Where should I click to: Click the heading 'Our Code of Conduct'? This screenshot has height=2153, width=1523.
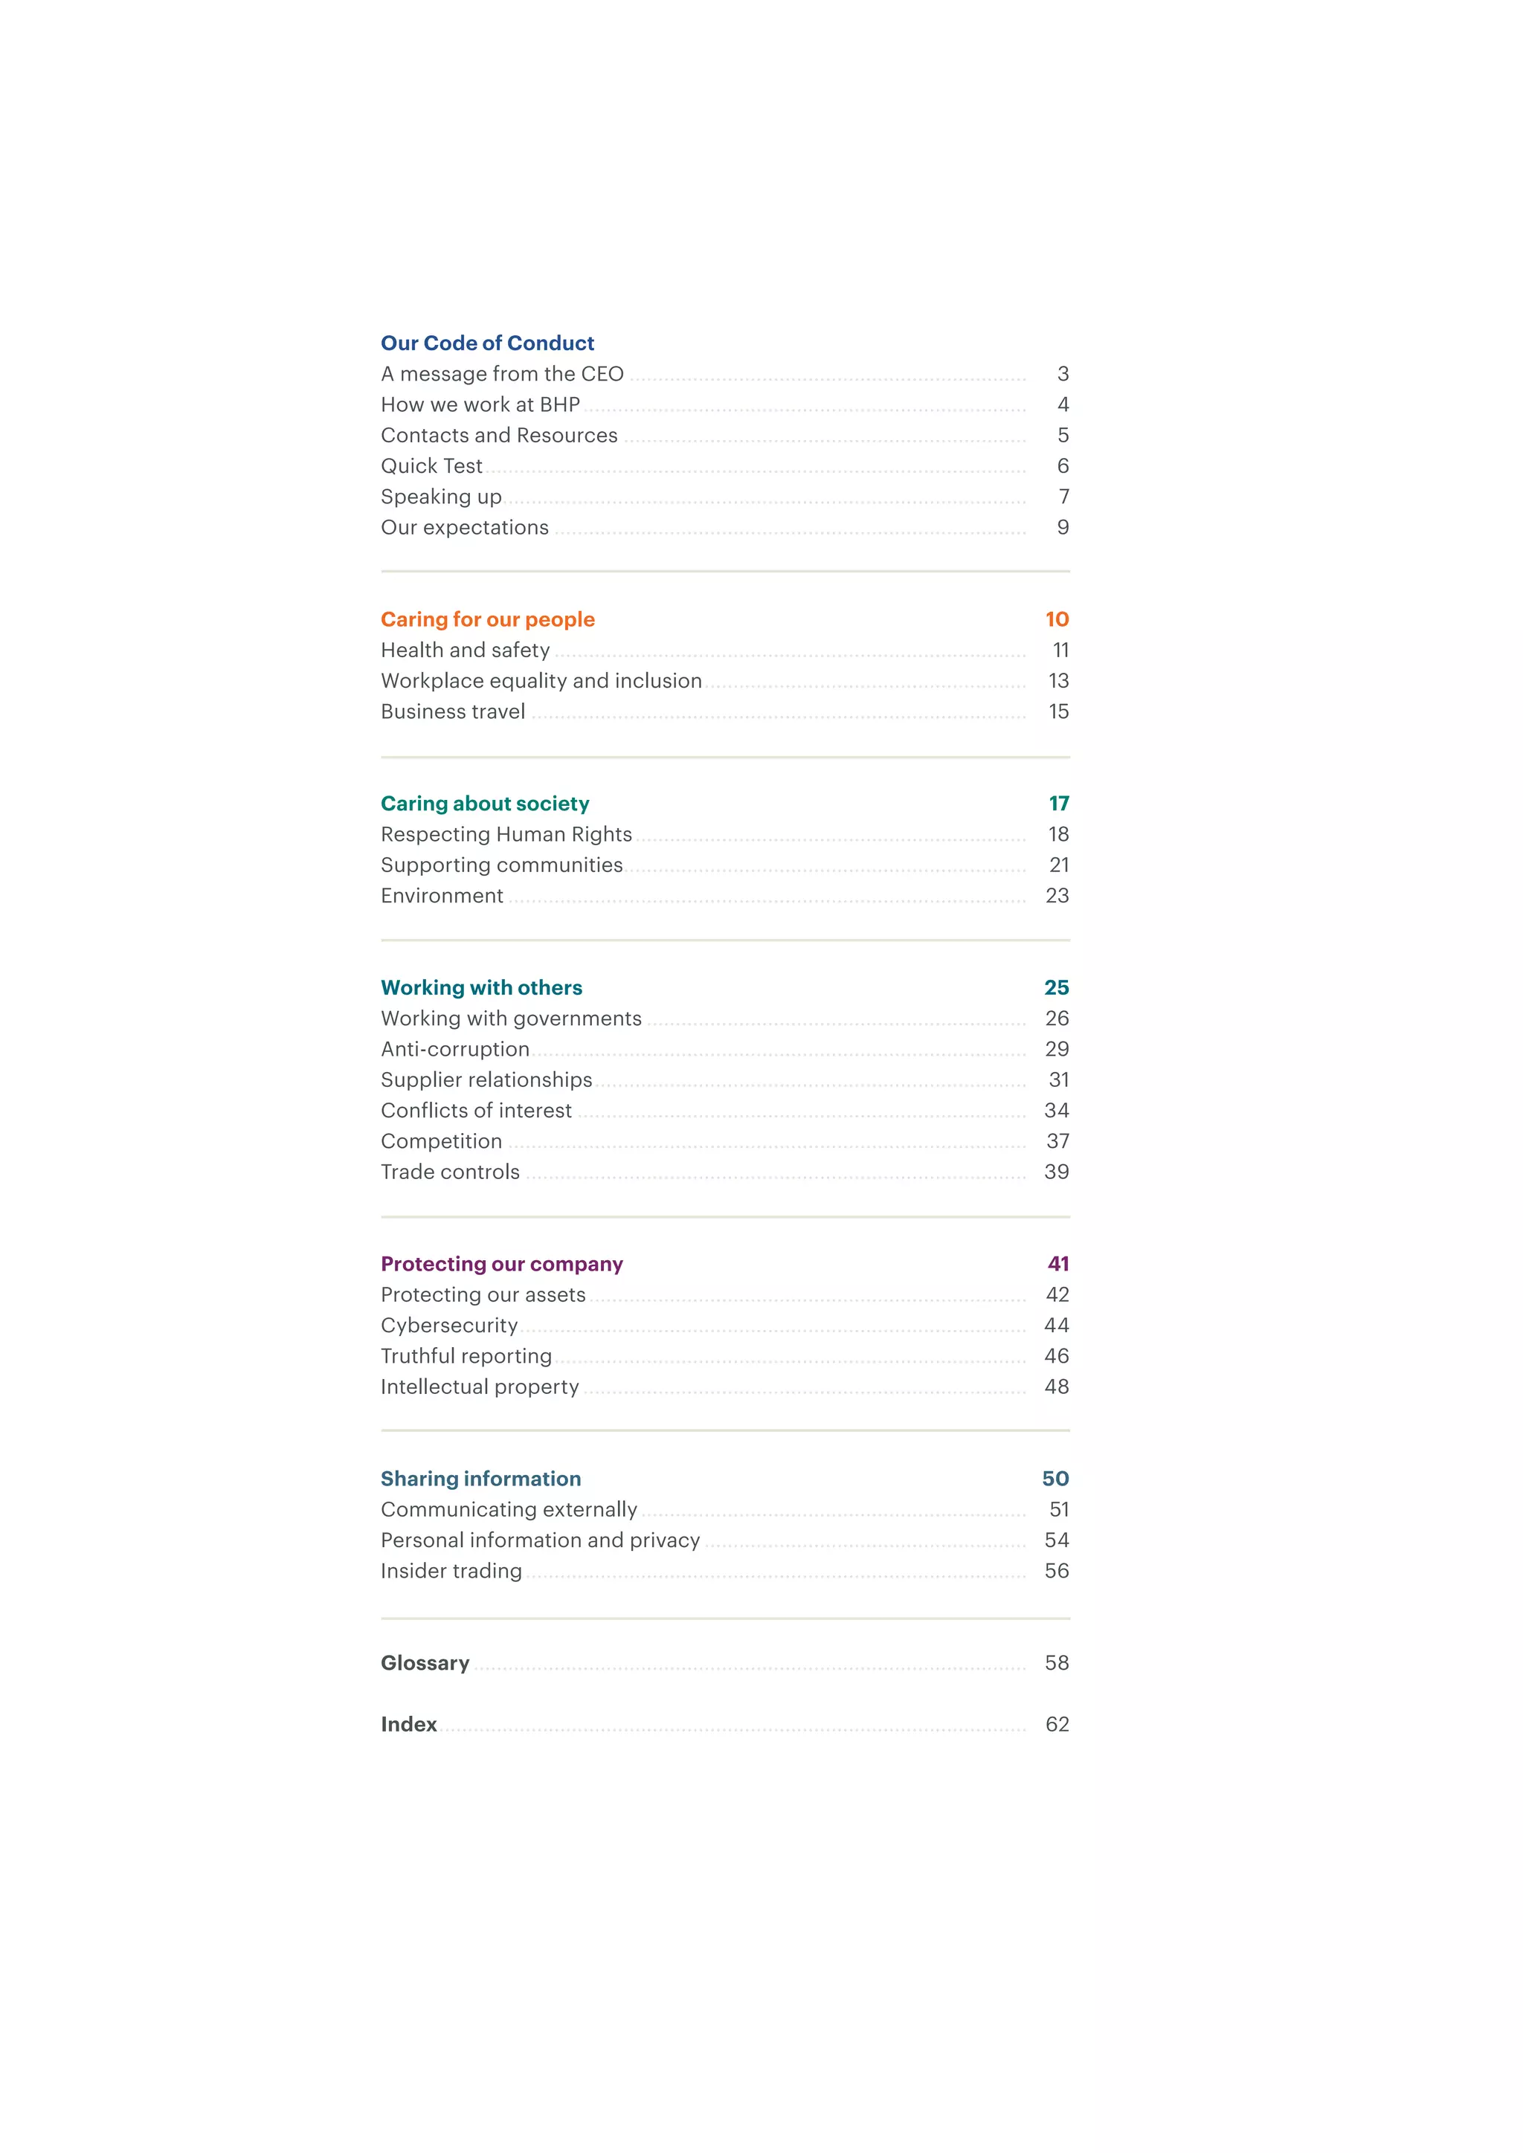(487, 343)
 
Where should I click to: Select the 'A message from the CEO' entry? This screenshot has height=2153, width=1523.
(502, 374)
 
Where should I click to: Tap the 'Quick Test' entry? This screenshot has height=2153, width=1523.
(431, 466)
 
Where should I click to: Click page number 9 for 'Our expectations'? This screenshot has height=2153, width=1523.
(1063, 528)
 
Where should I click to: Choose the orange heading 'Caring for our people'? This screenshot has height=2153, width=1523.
(488, 620)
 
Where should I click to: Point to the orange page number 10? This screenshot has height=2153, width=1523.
(1057, 620)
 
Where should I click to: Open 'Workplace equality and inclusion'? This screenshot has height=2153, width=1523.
(541, 681)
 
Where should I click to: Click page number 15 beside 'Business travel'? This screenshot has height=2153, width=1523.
(1058, 711)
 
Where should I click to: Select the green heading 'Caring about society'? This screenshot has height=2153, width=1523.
(485, 804)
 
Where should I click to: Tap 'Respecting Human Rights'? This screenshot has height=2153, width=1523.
(506, 835)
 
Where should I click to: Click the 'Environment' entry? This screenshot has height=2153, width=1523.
(442, 897)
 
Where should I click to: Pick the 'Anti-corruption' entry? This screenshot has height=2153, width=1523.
(455, 1049)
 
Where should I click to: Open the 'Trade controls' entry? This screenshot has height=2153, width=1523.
(450, 1172)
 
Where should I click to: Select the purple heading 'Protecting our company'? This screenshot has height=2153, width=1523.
(502, 1264)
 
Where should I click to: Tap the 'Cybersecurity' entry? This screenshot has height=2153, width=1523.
(449, 1326)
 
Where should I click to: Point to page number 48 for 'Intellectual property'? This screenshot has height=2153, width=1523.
(1056, 1387)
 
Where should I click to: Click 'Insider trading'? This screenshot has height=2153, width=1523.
(451, 1572)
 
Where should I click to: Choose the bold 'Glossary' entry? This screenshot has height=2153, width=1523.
(425, 1664)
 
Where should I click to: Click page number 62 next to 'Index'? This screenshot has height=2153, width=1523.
(1057, 1725)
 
